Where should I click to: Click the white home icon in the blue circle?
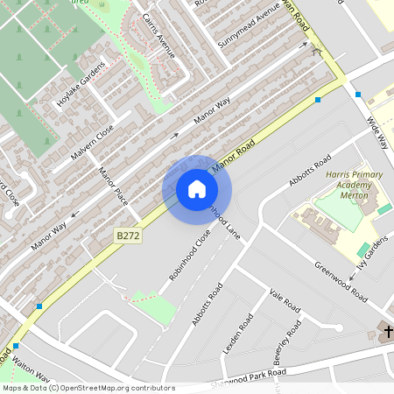point(197,189)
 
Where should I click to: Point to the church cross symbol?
point(386,331)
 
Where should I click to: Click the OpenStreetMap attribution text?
point(88,387)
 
